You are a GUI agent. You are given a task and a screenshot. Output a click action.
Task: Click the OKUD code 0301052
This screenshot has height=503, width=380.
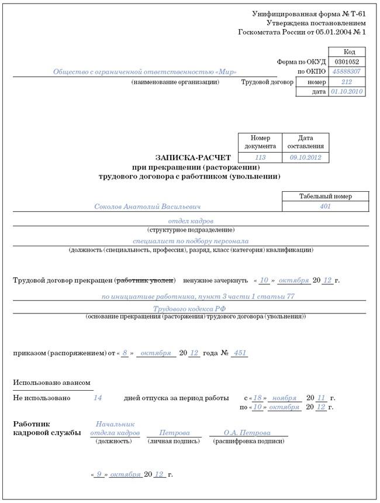point(347,61)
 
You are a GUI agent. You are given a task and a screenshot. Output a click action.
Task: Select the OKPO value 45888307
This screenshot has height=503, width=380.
point(347,71)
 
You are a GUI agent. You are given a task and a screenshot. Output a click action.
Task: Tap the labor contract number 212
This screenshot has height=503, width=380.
point(347,82)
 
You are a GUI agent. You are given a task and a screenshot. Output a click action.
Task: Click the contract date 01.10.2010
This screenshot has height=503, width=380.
point(347,92)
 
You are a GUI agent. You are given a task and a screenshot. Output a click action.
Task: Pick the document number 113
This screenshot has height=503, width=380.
point(260,158)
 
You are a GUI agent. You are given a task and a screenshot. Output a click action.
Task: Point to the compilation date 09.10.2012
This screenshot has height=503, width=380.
point(306,158)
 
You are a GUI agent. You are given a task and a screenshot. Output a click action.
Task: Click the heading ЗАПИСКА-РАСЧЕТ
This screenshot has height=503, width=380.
point(193,158)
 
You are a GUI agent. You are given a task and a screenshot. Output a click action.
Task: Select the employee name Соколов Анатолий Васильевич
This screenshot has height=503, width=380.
point(147,206)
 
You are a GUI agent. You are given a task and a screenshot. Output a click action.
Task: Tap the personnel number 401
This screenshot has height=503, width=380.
point(326,206)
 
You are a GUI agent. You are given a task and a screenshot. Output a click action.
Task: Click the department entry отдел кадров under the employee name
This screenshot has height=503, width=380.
point(191,221)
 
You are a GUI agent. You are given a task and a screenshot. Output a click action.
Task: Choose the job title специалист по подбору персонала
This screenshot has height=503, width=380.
point(191,241)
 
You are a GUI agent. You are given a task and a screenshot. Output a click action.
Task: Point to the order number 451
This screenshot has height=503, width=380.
point(240,353)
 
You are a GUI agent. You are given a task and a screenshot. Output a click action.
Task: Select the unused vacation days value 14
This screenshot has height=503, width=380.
point(98,398)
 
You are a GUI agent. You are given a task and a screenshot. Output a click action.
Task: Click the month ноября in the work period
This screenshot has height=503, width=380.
point(285,398)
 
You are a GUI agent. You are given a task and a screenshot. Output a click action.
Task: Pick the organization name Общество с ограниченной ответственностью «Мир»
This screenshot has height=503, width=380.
point(145,72)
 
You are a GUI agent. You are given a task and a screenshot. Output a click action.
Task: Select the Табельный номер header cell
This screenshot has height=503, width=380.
point(326,197)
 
